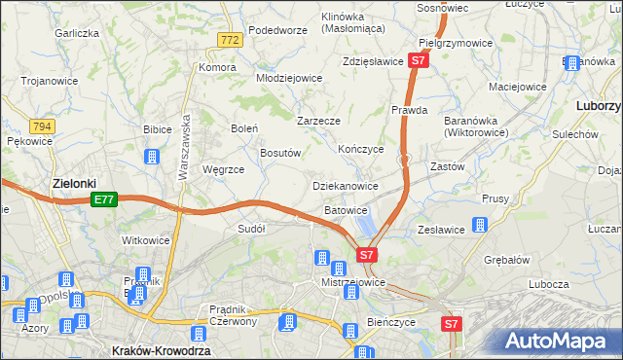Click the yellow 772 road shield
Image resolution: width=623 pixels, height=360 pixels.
(x=230, y=40)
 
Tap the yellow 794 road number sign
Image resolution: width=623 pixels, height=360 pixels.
(x=41, y=126)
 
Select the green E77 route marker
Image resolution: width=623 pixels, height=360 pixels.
(x=105, y=199)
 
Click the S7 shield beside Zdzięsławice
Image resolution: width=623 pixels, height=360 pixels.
(x=418, y=60)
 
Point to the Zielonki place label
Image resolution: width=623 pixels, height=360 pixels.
(x=74, y=183)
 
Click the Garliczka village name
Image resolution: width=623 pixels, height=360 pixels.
(x=78, y=33)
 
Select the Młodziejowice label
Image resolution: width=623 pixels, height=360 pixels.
(x=288, y=78)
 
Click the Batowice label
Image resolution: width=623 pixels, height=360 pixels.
(x=346, y=210)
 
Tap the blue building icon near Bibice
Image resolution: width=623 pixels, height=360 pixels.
(x=151, y=156)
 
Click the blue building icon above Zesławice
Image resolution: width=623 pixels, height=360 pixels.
(x=479, y=225)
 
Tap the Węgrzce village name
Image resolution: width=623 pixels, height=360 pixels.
(x=223, y=169)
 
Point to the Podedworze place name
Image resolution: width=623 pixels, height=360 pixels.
(x=277, y=30)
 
